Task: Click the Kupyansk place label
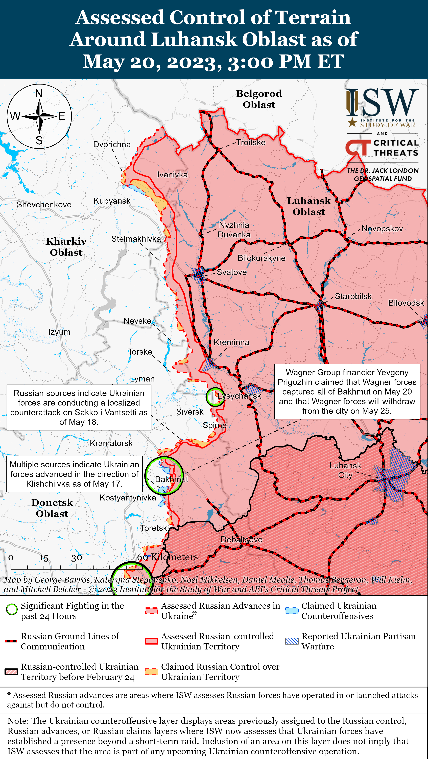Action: [112, 201]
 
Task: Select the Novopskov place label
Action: [382, 229]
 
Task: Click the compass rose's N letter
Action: [39, 93]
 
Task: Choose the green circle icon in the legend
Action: [12, 609]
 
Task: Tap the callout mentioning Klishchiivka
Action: [74, 474]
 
